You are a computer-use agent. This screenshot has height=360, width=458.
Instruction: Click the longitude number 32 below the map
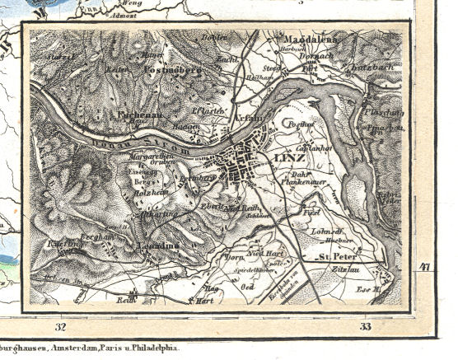point(60,327)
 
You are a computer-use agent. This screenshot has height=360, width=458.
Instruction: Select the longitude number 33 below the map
point(365,327)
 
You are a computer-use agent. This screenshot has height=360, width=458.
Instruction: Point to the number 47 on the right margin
point(425,266)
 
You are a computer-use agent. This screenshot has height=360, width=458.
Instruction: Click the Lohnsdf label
point(325,231)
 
